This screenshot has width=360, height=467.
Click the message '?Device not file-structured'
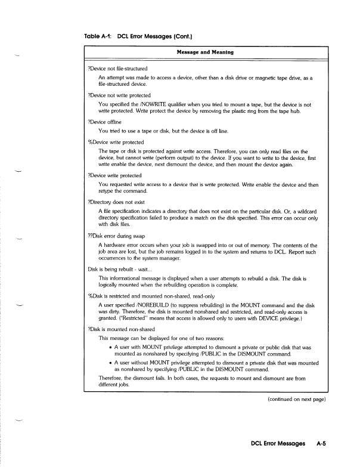tap(118, 69)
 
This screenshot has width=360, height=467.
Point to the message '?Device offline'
tap(104, 121)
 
